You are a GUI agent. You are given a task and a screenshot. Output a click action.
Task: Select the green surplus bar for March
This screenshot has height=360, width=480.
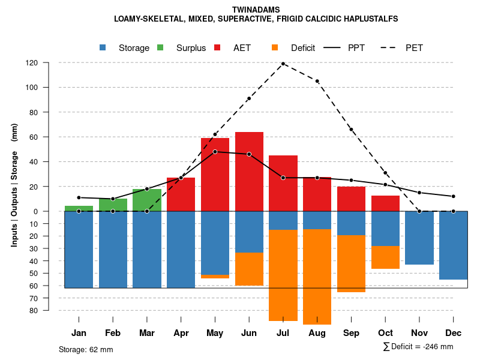[147, 200]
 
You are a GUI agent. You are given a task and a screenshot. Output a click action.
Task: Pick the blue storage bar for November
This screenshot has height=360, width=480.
[419, 238]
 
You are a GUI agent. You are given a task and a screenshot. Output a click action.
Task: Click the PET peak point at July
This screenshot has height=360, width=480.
[283, 64]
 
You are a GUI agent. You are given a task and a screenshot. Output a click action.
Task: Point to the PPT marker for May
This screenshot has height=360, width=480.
[215, 152]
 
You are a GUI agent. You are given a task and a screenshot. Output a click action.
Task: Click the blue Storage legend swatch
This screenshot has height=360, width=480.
[103, 48]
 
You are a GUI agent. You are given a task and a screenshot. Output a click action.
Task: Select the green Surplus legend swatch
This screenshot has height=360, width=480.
[161, 48]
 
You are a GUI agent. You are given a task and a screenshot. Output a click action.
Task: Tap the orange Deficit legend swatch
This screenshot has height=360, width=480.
[275, 48]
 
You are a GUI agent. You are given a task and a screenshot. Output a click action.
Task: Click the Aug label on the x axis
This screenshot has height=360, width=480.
[317, 333]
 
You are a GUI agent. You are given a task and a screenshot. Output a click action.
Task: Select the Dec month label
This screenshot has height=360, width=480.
[453, 333]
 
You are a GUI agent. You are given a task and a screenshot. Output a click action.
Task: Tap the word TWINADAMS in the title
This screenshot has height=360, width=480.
[256, 10]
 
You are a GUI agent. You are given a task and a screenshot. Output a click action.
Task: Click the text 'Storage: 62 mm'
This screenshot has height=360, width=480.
[86, 349]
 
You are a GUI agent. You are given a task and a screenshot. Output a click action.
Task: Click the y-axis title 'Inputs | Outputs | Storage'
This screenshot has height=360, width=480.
[14, 192]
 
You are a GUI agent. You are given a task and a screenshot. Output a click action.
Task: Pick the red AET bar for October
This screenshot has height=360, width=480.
[385, 203]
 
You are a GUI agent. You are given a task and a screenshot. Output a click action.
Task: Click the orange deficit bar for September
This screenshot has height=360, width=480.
[351, 263]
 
